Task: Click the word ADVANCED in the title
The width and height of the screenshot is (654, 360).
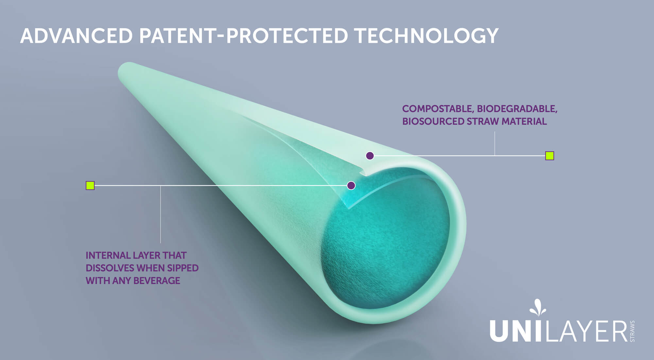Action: click(x=77, y=36)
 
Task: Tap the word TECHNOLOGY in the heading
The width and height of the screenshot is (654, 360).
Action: click(x=427, y=36)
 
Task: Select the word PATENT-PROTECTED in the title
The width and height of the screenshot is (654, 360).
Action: click(x=244, y=36)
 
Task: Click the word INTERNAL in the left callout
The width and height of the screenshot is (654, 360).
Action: click(x=107, y=255)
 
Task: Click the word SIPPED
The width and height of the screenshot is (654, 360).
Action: click(x=183, y=268)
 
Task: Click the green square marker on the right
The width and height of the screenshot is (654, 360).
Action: click(x=550, y=156)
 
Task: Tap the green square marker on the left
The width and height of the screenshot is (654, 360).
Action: click(x=90, y=186)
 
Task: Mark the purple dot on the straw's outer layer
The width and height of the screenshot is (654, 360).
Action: click(x=370, y=156)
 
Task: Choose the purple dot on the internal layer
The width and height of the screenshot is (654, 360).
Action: click(x=351, y=186)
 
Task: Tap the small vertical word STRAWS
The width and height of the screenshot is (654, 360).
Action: click(x=632, y=331)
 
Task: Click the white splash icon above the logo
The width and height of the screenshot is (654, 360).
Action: click(x=537, y=307)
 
